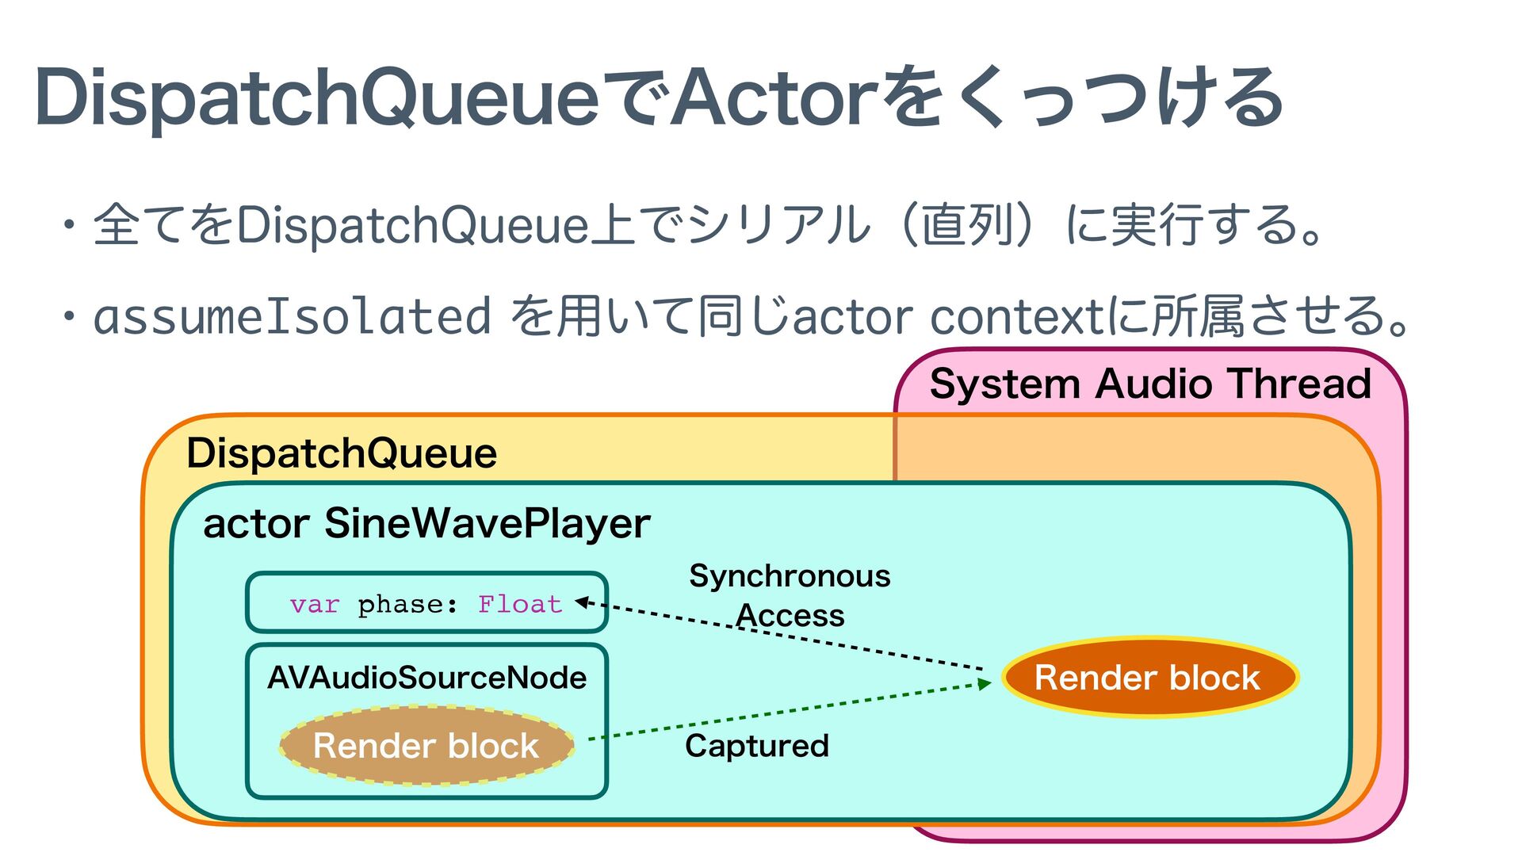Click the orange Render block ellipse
(x=1149, y=678)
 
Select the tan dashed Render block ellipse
(x=426, y=746)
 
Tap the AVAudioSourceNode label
(x=426, y=678)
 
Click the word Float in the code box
(x=520, y=605)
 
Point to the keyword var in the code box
(x=315, y=605)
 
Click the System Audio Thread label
(x=1150, y=384)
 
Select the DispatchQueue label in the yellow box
(x=342, y=453)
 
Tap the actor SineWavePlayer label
(x=426, y=523)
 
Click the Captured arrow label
(x=757, y=746)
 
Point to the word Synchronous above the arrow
(x=790, y=576)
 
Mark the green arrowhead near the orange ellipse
(x=985, y=683)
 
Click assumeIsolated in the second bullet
(x=293, y=316)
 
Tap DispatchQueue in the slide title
(x=317, y=98)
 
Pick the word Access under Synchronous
(x=790, y=616)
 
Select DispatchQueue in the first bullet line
(x=413, y=225)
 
